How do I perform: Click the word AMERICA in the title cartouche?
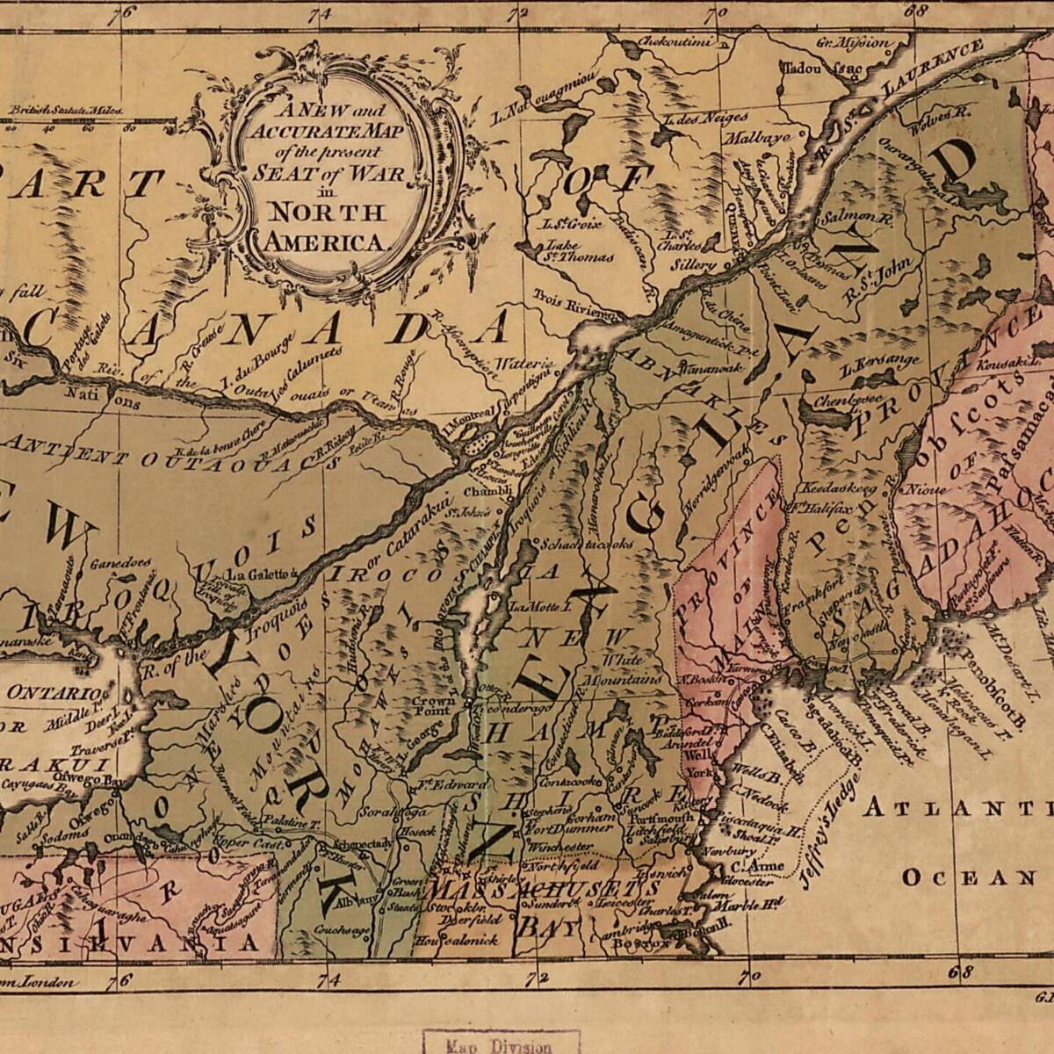click(326, 242)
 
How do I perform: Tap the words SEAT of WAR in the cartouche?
click(329, 173)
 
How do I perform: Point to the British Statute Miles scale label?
click(66, 111)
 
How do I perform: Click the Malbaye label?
click(757, 138)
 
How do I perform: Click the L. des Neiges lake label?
click(706, 118)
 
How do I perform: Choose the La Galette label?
click(256, 574)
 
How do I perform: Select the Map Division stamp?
click(501, 1045)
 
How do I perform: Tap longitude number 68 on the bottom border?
click(964, 972)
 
